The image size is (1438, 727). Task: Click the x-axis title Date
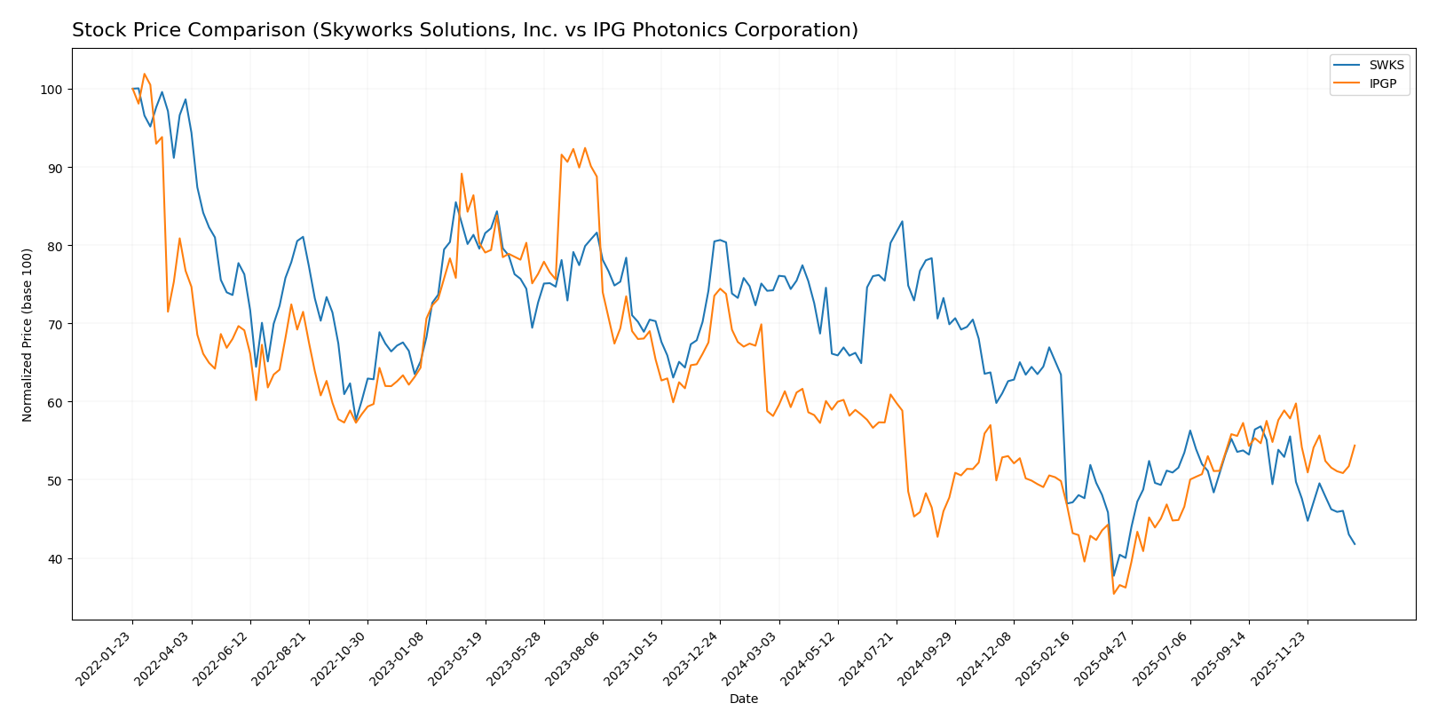coord(743,699)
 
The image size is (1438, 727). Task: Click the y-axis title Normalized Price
coord(28,335)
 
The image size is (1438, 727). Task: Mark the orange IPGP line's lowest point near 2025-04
coord(1113,593)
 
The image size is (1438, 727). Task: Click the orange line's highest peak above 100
coord(144,74)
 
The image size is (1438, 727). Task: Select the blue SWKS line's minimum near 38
coord(1114,575)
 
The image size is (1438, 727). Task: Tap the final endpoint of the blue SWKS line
coord(1354,544)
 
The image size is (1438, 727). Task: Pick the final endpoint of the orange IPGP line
coord(1355,446)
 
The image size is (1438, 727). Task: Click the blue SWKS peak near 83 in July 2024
coord(902,222)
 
